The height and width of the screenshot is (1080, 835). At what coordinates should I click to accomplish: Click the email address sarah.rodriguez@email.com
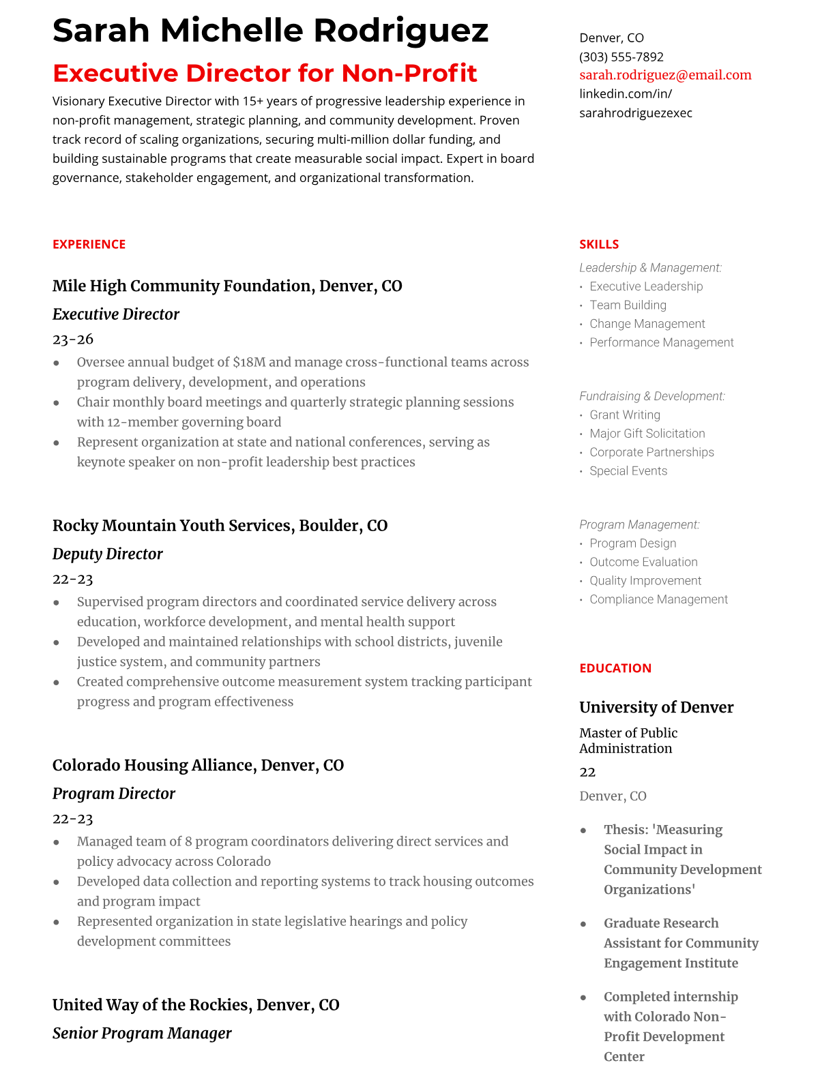pyautogui.click(x=665, y=75)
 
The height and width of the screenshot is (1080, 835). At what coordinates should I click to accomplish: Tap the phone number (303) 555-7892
pyautogui.click(x=621, y=57)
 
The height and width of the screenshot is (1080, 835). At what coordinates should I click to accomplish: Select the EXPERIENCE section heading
pyautogui.click(x=89, y=244)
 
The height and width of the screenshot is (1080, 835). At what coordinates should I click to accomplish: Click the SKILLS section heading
pyautogui.click(x=599, y=244)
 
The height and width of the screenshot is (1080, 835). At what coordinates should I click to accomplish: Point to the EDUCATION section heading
pyautogui.click(x=615, y=668)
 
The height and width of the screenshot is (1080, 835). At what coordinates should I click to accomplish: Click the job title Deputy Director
pyautogui.click(x=107, y=554)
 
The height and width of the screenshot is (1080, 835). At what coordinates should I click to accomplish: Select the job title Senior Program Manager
pyautogui.click(x=142, y=1033)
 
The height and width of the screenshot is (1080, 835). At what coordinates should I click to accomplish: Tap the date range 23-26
pyautogui.click(x=73, y=339)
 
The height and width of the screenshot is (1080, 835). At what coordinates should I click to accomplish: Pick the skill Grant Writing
pyautogui.click(x=624, y=415)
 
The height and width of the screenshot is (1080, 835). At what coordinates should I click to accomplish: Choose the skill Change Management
pyautogui.click(x=647, y=324)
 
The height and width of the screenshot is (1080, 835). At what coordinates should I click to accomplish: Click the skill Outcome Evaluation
pyautogui.click(x=643, y=562)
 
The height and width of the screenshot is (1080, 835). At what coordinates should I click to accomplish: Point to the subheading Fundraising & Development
pyautogui.click(x=651, y=396)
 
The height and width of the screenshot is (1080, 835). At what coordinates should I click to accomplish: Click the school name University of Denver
pyautogui.click(x=656, y=707)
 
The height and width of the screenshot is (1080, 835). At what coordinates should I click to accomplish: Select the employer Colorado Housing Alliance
pyautogui.click(x=154, y=765)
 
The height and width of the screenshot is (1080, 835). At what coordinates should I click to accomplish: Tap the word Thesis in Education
pyautogui.click(x=626, y=830)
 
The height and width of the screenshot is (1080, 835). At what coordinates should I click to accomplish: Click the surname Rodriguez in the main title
pyautogui.click(x=401, y=31)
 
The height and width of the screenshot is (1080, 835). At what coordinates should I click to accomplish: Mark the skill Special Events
pyautogui.click(x=628, y=470)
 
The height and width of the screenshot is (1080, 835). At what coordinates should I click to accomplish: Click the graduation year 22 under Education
pyautogui.click(x=587, y=772)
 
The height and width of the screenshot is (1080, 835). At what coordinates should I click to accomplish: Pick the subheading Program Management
pyautogui.click(x=639, y=524)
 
